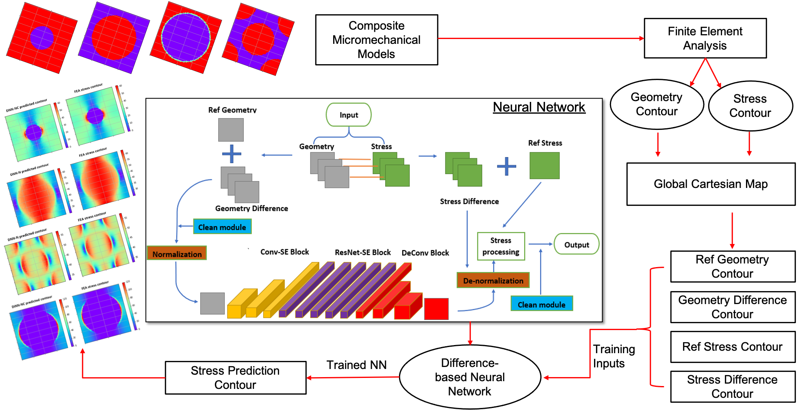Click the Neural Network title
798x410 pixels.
pyautogui.click(x=539, y=107)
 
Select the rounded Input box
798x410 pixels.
pyautogui.click(x=349, y=115)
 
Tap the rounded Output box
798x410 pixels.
pyautogui.click(x=576, y=244)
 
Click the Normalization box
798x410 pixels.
pyautogui.click(x=177, y=254)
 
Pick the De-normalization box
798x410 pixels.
pyautogui.click(x=493, y=281)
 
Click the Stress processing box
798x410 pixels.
pyautogui.click(x=501, y=246)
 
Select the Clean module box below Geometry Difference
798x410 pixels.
pyautogui.click(x=222, y=227)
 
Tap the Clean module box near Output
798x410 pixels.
pyautogui.click(x=541, y=304)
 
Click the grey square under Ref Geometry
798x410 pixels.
pyautogui.click(x=231, y=130)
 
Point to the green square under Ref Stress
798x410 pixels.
pyautogui.click(x=544, y=166)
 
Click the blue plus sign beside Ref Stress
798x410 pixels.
pyautogui.click(x=506, y=166)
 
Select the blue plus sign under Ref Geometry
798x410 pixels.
pyautogui.click(x=232, y=154)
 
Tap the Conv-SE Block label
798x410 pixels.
pyautogui.click(x=284, y=252)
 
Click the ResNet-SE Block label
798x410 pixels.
pyautogui.click(x=362, y=252)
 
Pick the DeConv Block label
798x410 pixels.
pyautogui.click(x=425, y=252)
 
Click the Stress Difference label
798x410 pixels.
pyautogui.click(x=469, y=201)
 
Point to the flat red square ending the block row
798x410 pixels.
pyautogui.click(x=436, y=309)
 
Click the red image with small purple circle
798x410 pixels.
pyautogui.click(x=42, y=38)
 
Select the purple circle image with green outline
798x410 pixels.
pyautogui.click(x=186, y=37)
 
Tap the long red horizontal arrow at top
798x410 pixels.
pyautogui.click(x=540, y=39)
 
